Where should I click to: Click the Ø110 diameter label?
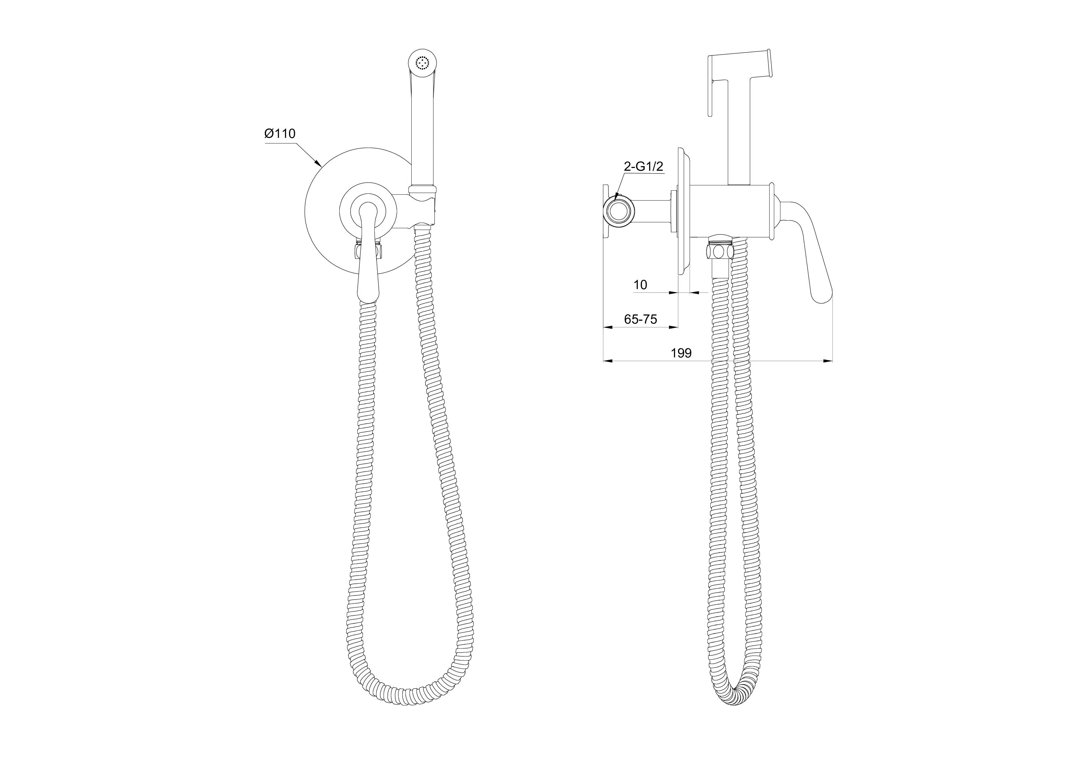point(280,134)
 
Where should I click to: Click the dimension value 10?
point(640,285)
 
